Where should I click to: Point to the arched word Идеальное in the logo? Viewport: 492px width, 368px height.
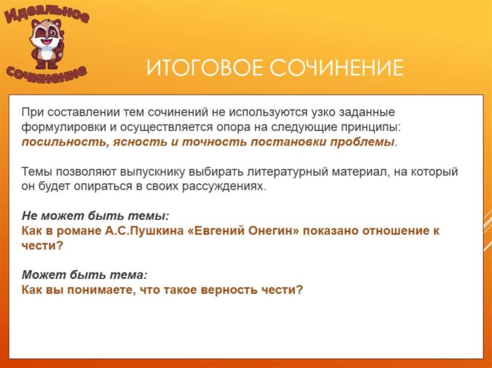coord(47,13)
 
